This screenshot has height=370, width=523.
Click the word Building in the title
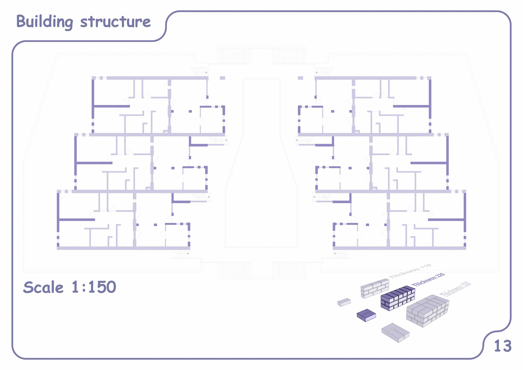[x=45, y=22]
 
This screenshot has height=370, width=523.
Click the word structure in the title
[x=115, y=22]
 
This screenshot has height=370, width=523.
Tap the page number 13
[x=503, y=346]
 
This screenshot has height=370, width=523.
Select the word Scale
[x=43, y=287]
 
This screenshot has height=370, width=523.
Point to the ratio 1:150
[x=94, y=287]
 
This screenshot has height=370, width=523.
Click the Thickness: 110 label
[x=410, y=271]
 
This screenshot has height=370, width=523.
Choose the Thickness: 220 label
[x=428, y=279]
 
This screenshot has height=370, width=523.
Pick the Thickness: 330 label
[x=456, y=289]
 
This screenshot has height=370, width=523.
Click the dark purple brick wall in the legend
[x=398, y=298]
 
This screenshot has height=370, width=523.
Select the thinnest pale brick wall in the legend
[x=375, y=288]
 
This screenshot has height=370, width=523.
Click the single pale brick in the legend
[x=344, y=302]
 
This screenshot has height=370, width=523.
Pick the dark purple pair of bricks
[x=366, y=315]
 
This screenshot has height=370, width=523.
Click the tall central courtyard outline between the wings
[x=261, y=164]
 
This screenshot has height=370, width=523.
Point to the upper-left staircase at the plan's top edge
[x=234, y=55]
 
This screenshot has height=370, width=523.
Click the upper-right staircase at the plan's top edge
[x=289, y=55]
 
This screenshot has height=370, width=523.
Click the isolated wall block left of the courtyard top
[x=222, y=78]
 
